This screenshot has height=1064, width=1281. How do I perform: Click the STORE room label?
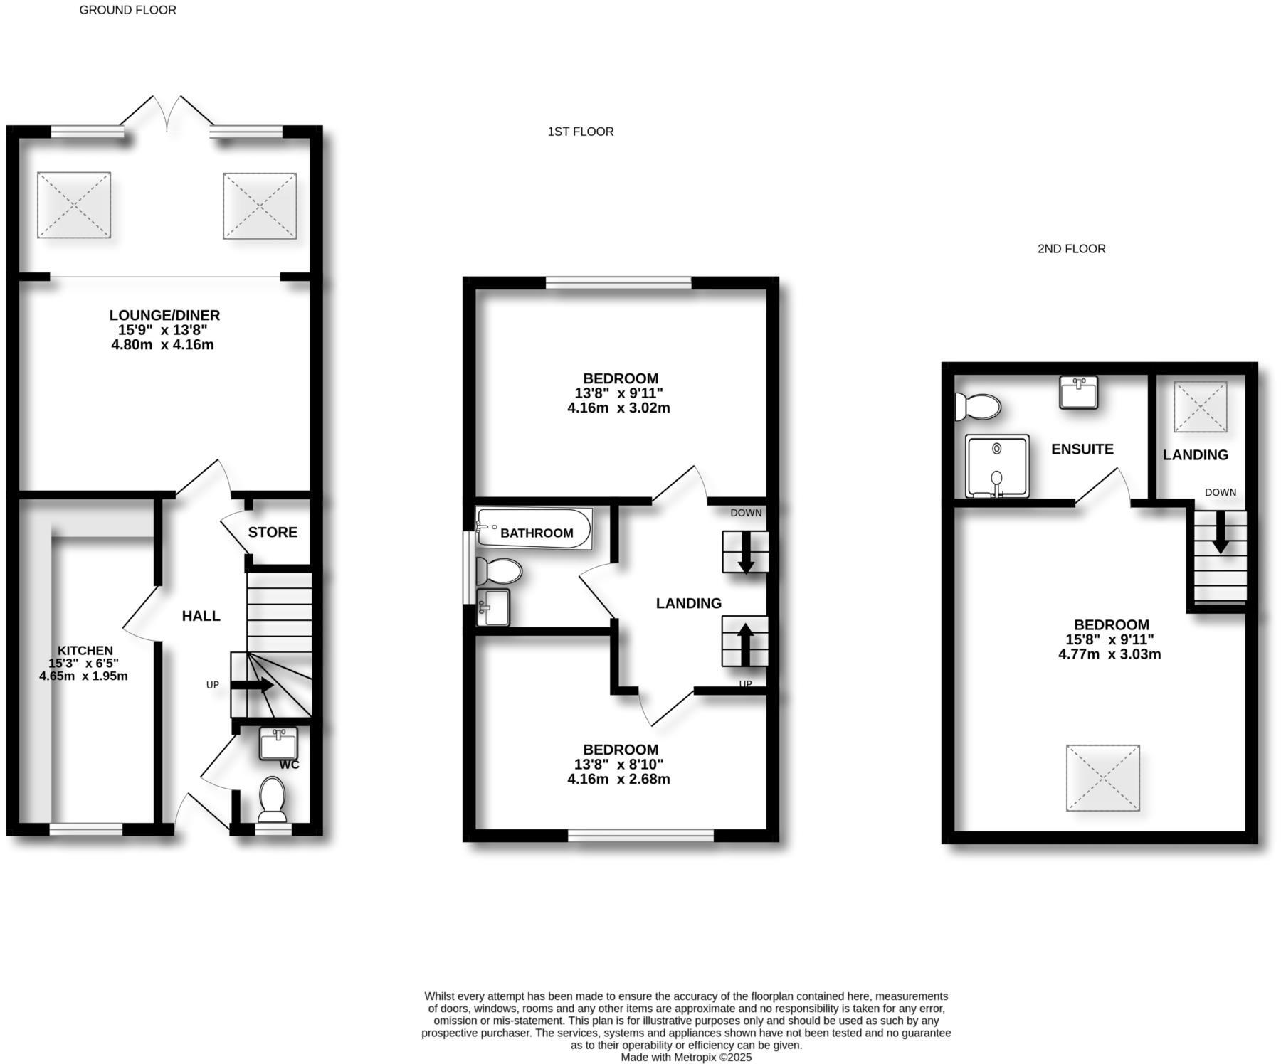coord(273,532)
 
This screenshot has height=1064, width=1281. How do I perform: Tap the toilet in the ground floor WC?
coord(272,799)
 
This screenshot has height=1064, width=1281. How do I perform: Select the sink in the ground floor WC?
coord(278,744)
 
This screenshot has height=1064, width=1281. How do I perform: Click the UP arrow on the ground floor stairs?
coord(253,686)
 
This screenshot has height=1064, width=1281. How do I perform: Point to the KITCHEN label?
coord(85,650)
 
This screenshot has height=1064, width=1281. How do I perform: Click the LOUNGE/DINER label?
coord(164,315)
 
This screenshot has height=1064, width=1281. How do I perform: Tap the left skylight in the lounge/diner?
coord(74,205)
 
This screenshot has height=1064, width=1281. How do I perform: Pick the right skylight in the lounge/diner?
coord(260,206)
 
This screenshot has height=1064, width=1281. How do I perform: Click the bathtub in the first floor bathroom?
coord(534,528)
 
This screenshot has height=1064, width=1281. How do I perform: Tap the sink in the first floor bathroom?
coord(492,607)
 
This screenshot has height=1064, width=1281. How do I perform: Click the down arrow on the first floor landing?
coord(746,552)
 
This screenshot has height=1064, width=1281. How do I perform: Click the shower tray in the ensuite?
coord(997,466)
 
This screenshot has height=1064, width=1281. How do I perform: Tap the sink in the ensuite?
coord(1078,392)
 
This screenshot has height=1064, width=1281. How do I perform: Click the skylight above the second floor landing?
coord(1201,407)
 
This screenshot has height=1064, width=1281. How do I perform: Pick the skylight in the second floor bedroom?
coord(1102,777)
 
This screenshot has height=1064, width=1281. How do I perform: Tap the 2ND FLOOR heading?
coord(1071,249)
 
